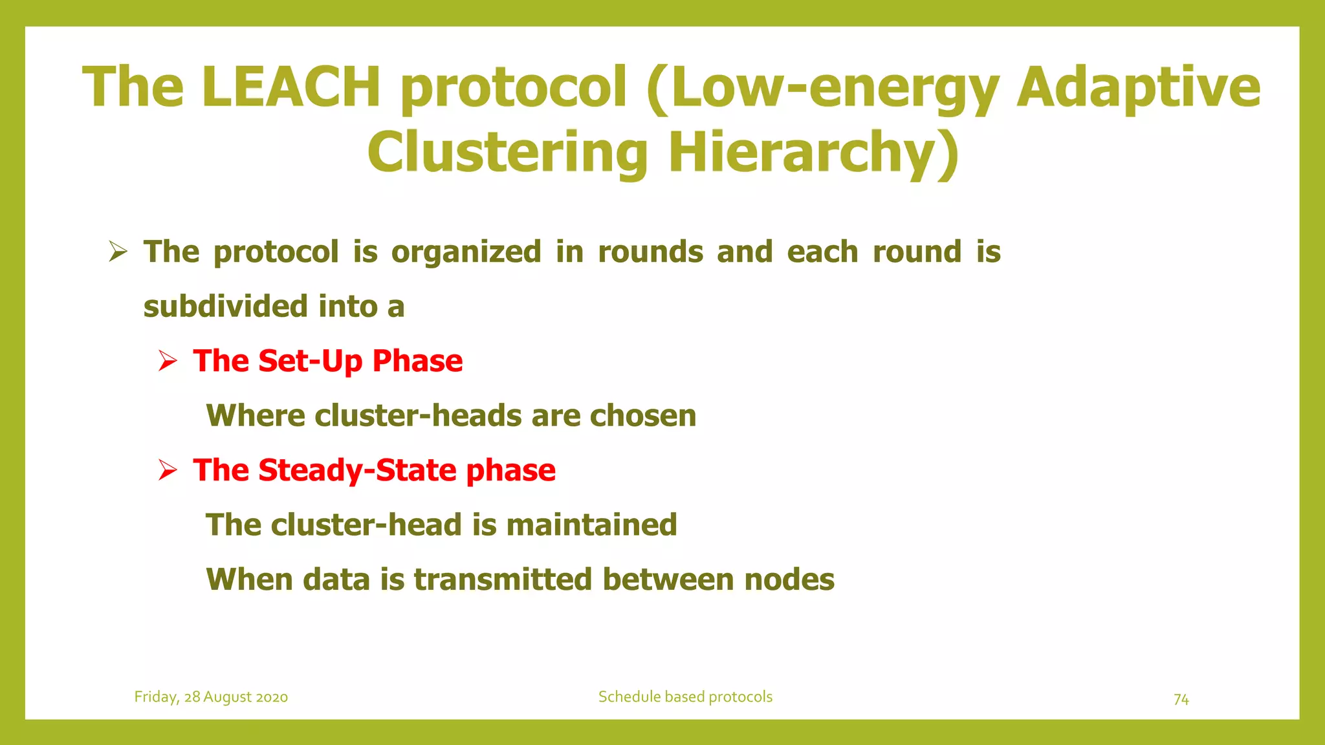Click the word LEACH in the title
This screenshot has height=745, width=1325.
click(290, 87)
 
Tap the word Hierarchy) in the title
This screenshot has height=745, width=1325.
click(813, 153)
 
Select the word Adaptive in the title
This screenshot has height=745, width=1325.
click(1138, 87)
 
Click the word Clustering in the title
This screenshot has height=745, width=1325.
click(507, 153)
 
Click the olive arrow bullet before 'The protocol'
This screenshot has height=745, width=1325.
click(118, 251)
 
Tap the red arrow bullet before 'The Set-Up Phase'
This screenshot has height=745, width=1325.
click(168, 361)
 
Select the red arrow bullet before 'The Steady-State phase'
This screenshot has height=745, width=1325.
click(168, 470)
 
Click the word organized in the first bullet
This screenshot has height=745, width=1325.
click(466, 252)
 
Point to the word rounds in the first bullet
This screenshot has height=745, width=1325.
click(650, 252)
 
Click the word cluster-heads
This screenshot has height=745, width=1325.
click(418, 415)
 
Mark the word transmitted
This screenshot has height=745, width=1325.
click(503, 579)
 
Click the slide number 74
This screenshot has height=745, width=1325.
click(1181, 699)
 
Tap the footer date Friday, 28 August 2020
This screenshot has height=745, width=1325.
click(211, 697)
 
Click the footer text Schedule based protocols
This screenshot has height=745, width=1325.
click(685, 696)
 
